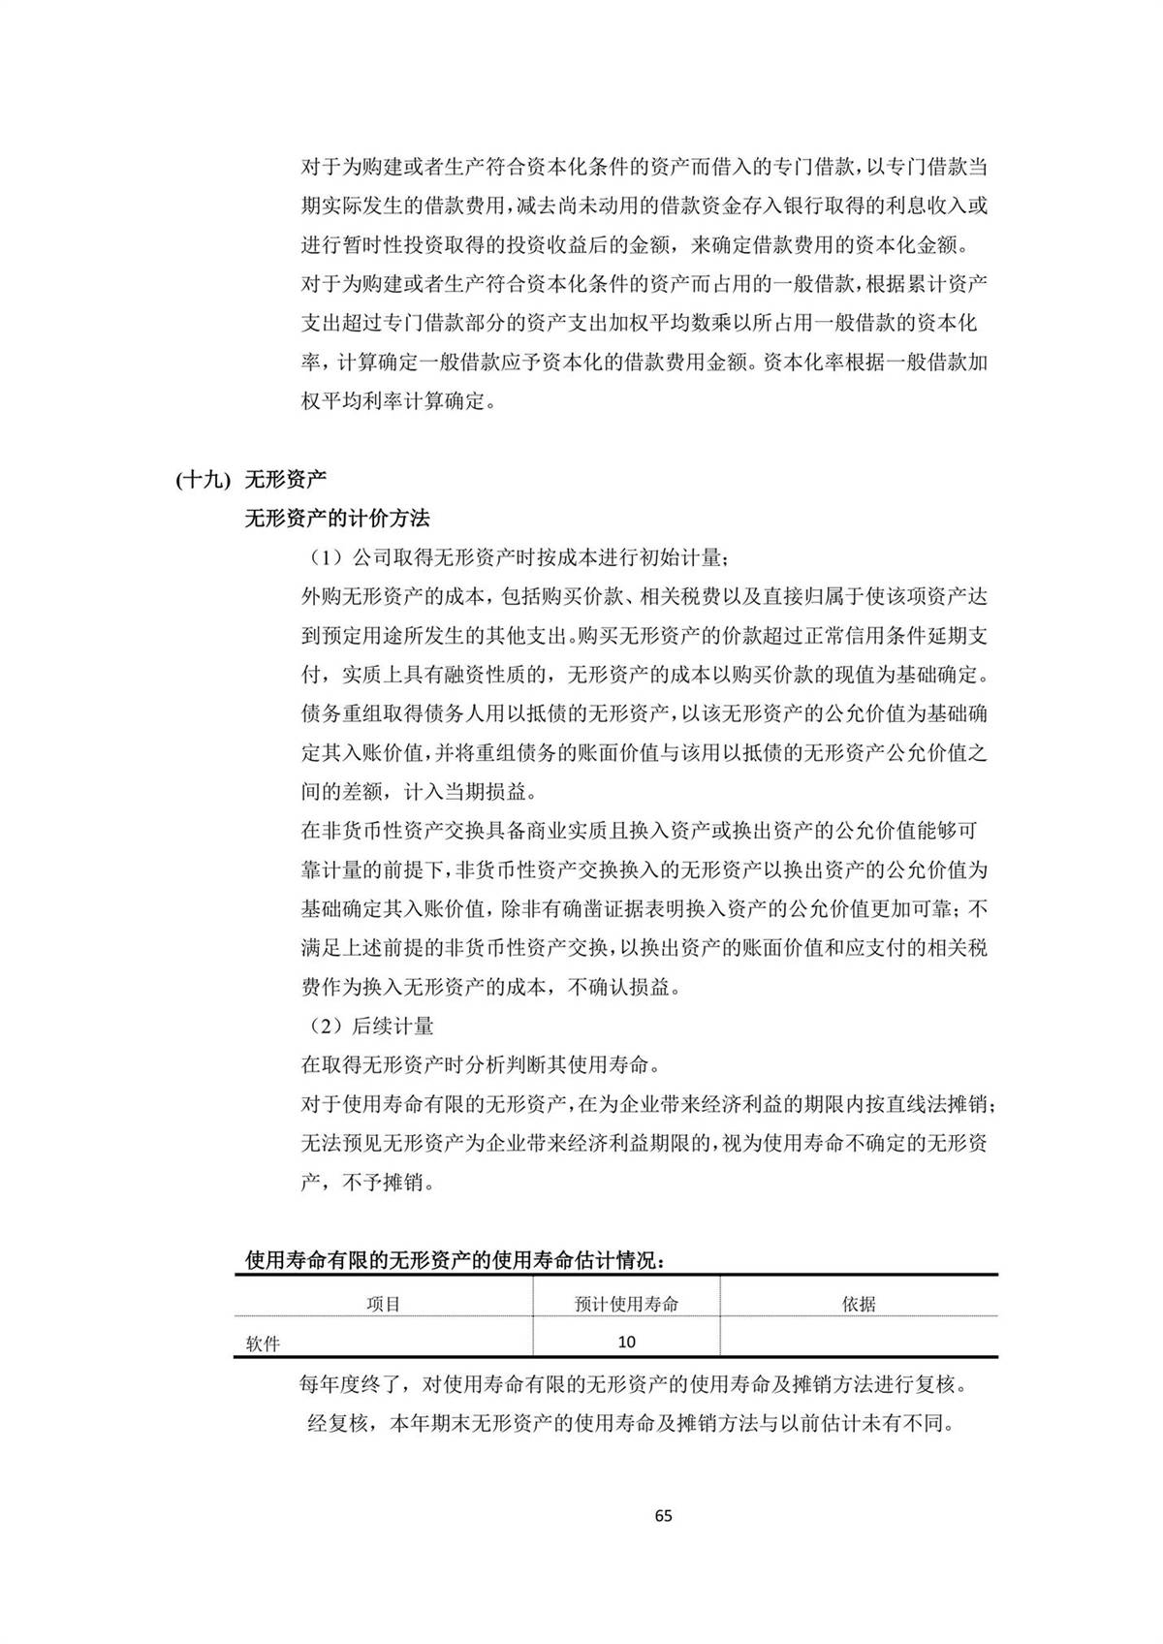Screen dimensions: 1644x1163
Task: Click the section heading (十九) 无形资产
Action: click(x=252, y=479)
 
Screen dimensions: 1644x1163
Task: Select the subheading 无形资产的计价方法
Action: click(x=336, y=519)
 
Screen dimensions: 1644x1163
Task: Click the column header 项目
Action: click(x=383, y=1304)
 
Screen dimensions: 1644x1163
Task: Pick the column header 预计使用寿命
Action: click(x=626, y=1304)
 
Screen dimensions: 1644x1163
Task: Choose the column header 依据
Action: click(x=859, y=1304)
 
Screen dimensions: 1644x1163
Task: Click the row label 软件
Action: click(x=263, y=1344)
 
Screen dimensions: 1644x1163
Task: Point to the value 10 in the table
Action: click(x=626, y=1343)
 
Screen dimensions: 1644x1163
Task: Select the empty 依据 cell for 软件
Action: click(x=859, y=1343)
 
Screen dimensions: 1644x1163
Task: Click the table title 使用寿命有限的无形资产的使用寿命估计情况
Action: click(x=455, y=1261)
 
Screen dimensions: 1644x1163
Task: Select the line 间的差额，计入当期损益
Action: click(x=417, y=791)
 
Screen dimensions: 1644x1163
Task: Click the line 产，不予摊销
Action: click(x=367, y=1183)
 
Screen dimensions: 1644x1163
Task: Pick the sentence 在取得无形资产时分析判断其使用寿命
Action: click(x=480, y=1064)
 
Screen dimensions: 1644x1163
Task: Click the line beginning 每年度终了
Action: click(x=632, y=1383)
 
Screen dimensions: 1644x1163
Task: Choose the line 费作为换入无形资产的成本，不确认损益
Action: click(x=489, y=987)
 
